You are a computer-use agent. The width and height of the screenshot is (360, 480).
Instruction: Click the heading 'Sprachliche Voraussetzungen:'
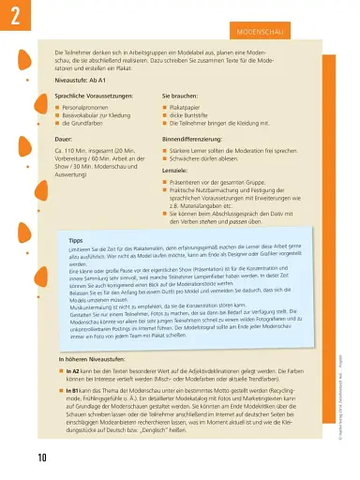[x=100, y=97]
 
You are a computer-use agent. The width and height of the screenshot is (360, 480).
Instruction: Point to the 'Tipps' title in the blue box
[x=77, y=240]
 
